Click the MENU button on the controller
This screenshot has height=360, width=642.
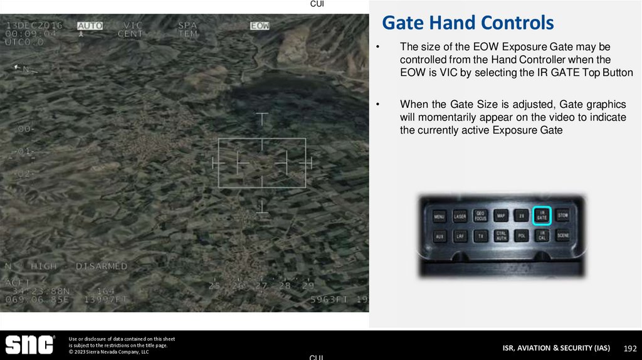point(439,217)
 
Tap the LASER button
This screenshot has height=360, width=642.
point(460,217)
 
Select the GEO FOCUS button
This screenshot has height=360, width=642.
point(480,216)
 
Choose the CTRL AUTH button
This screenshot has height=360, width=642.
point(501,236)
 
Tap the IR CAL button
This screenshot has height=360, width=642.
point(542,236)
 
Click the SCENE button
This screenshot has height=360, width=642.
point(562,236)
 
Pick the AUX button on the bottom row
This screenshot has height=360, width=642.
point(439,236)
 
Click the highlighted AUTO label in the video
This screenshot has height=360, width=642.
point(90,26)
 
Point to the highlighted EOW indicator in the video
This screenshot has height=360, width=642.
point(260,26)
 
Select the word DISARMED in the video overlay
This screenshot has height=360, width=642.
point(102,267)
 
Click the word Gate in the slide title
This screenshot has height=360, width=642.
point(404,23)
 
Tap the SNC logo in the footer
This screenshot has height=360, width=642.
point(29,344)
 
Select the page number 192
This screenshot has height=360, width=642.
point(630,348)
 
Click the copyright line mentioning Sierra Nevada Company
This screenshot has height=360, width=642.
point(109,352)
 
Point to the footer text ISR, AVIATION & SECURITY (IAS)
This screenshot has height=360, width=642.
point(556,348)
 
